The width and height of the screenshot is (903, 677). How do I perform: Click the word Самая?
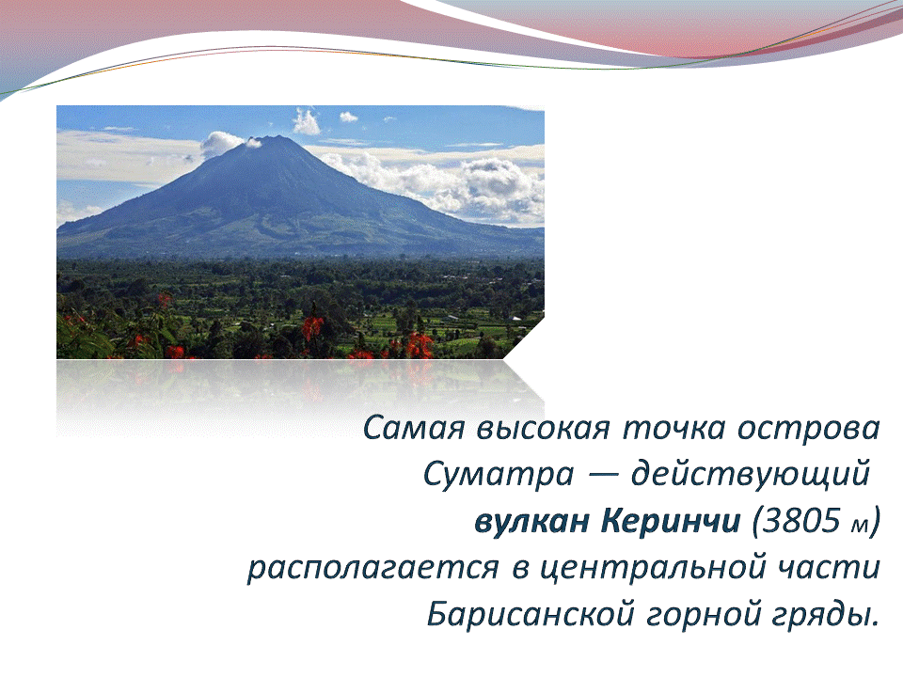pyautogui.click(x=414, y=429)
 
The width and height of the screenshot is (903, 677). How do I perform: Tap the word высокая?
pyautogui.click(x=543, y=429)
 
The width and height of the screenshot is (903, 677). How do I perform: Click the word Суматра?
pyautogui.click(x=499, y=476)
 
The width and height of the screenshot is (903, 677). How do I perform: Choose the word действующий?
pyautogui.click(x=750, y=476)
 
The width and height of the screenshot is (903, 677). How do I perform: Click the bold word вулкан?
pyautogui.click(x=531, y=522)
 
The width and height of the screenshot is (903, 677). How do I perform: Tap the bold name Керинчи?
pyautogui.click(x=671, y=521)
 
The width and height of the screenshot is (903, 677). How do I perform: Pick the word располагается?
pyautogui.click(x=373, y=568)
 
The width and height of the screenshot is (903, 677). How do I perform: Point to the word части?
pyautogui.click(x=830, y=568)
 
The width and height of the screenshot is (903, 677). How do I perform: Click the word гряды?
pyautogui.click(x=824, y=615)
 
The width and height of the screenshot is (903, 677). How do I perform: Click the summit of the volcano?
pyautogui.click(x=276, y=138)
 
